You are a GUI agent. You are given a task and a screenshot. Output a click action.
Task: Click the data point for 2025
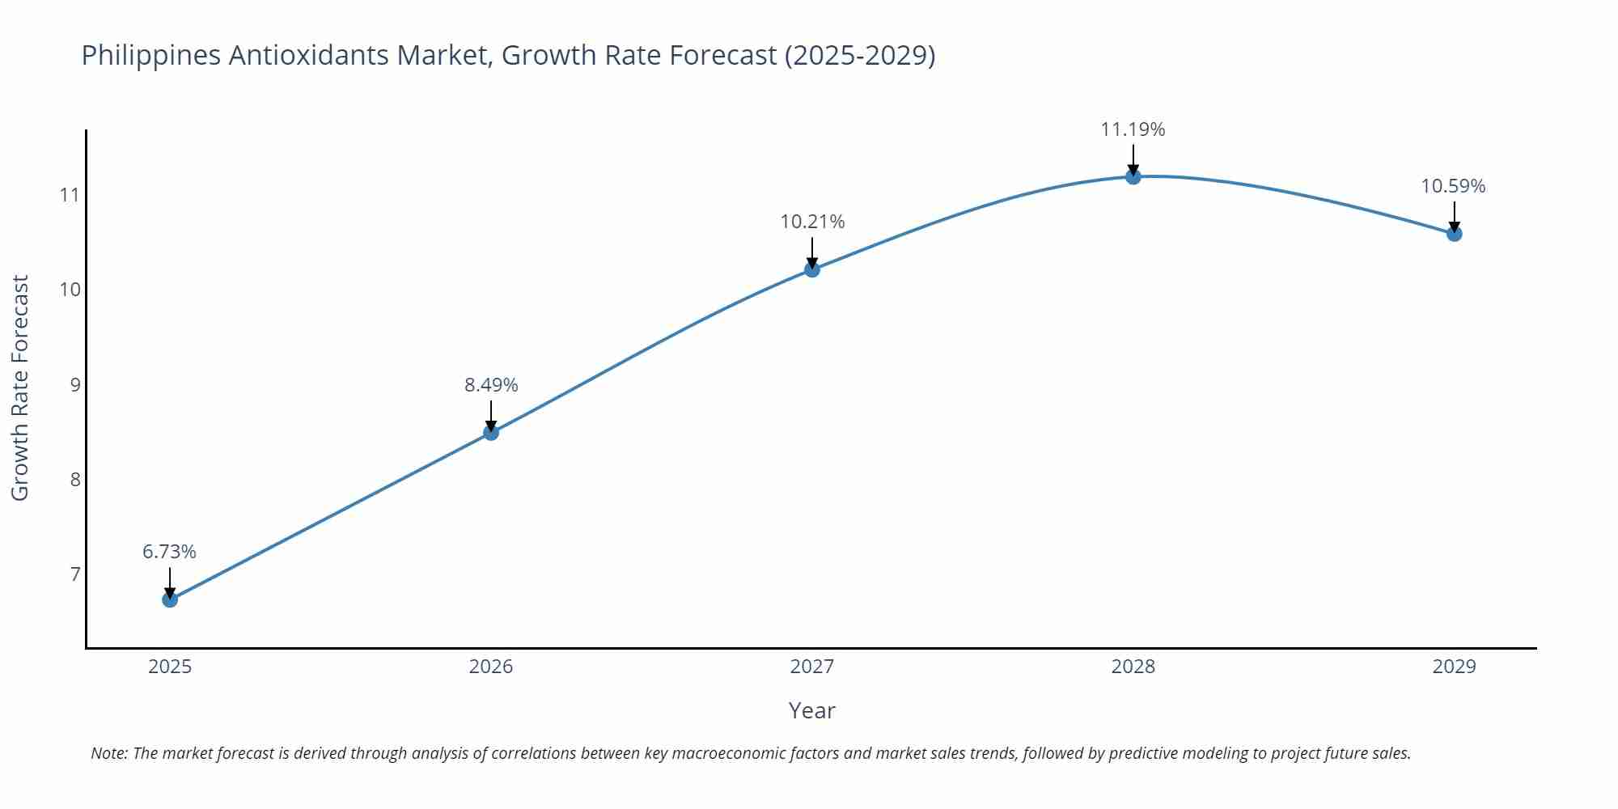click(x=170, y=599)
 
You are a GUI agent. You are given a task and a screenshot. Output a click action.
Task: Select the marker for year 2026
click(x=491, y=433)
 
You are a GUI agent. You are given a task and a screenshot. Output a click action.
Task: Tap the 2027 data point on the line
click(x=812, y=269)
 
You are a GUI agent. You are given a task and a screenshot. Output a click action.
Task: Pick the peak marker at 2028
click(x=1133, y=176)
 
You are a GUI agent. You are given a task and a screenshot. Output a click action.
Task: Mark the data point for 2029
click(x=1454, y=234)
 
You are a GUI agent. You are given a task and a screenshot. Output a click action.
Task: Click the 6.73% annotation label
click(x=169, y=552)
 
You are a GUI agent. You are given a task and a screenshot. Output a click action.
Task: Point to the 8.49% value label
click(x=491, y=385)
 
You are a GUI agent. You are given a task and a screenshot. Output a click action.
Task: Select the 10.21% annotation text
click(x=812, y=222)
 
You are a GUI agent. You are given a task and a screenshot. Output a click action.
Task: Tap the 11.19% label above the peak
click(x=1133, y=129)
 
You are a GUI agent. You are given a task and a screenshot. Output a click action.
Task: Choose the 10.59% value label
click(x=1453, y=186)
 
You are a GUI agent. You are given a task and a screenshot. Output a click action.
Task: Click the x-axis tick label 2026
click(x=491, y=667)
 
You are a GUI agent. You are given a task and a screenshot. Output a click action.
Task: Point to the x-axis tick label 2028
click(x=1133, y=667)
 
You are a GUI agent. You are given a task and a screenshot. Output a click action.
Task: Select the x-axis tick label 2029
click(x=1454, y=667)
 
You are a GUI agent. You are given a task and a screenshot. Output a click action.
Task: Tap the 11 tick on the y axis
click(x=70, y=195)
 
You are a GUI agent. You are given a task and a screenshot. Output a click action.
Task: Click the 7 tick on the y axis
click(x=75, y=574)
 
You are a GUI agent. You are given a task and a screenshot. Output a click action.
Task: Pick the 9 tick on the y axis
click(x=75, y=384)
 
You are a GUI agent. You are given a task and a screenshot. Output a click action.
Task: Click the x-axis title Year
click(x=811, y=710)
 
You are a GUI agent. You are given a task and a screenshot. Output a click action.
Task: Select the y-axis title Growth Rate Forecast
click(x=20, y=388)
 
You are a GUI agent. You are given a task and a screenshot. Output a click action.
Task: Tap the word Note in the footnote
click(x=108, y=753)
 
